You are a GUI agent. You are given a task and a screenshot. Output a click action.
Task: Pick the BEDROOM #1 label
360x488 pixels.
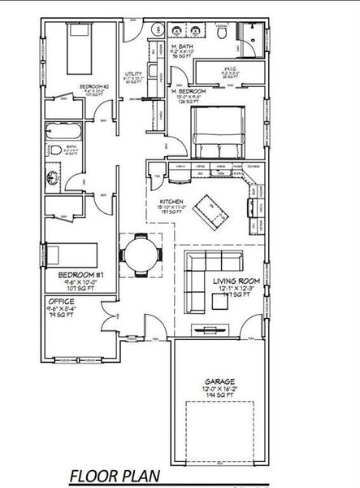[x=80, y=275]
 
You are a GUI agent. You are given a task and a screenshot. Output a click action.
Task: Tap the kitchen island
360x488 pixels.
[x=215, y=211]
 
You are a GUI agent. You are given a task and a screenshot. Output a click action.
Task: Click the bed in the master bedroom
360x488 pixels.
[x=218, y=130]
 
